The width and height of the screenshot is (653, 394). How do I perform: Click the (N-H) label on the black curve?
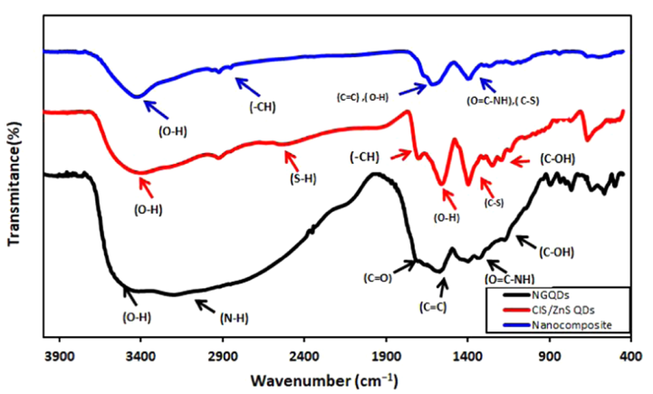tap(237, 317)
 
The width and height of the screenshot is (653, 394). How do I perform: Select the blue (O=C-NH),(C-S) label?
tap(503, 101)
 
